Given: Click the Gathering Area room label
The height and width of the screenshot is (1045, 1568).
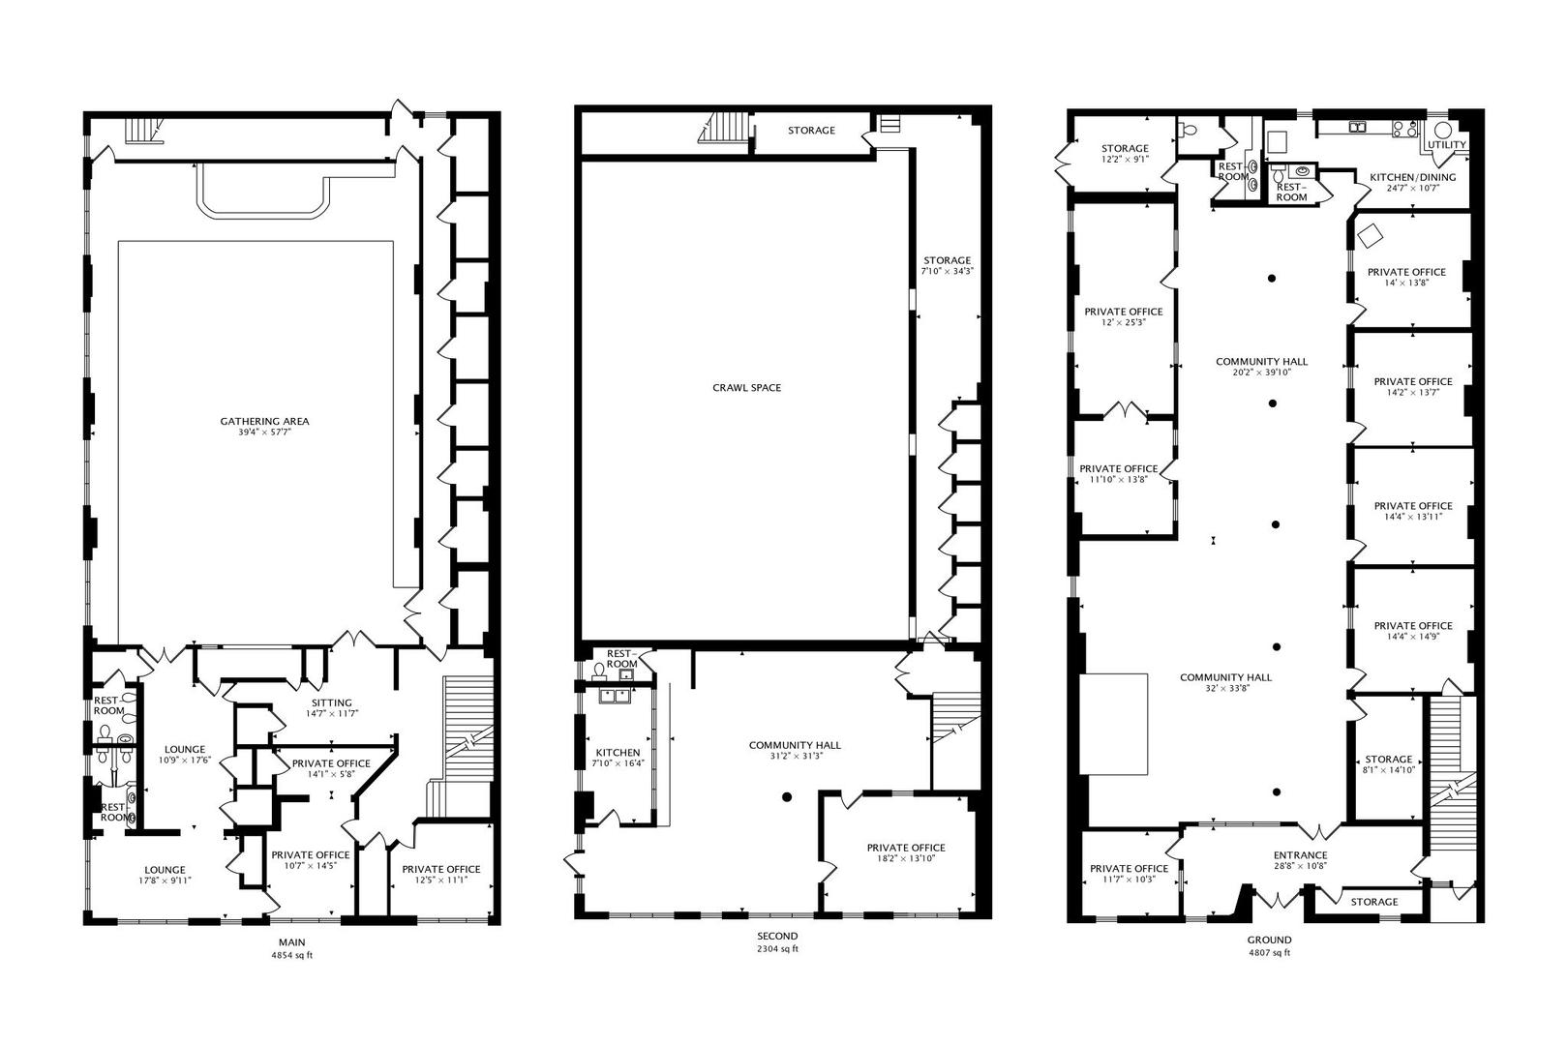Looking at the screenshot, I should pos(264,422).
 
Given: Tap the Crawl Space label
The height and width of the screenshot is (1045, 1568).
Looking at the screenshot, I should pos(746,388).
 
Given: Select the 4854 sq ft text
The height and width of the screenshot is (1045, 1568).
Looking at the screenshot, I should pos(291,955).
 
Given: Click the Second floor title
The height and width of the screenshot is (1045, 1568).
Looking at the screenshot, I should pos(777,936).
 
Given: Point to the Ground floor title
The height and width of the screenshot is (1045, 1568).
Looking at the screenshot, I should pos(1268,940).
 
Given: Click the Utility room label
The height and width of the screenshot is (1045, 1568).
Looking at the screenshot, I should pos(1447,145).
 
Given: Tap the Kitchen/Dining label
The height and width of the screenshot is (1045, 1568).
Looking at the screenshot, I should pos(1412,178).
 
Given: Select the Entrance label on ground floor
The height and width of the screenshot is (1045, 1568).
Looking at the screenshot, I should pos(1300,855).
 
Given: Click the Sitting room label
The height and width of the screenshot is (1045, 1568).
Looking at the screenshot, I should pos(332,703).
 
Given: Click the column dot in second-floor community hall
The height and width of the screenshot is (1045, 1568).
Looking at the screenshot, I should pos(787,797).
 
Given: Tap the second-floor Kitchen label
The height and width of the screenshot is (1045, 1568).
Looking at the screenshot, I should pos(618,753).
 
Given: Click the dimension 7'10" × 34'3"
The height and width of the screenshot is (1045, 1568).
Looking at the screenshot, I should pos(947,272).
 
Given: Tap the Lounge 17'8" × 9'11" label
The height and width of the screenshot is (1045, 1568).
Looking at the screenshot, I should pos(166,870).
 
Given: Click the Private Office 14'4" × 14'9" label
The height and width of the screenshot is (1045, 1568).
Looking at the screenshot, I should pos(1413,626).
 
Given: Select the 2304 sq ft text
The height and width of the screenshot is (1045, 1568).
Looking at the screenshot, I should pos(777,949).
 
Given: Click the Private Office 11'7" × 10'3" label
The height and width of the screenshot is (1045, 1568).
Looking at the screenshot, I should pos(1129,869).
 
